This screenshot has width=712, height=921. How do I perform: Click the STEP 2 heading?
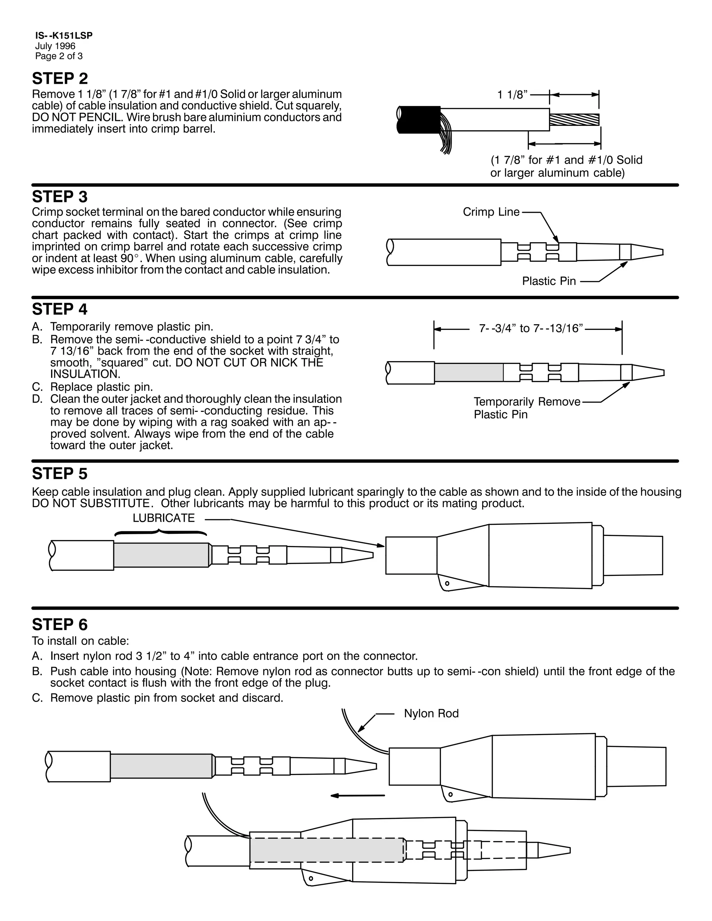[60, 79]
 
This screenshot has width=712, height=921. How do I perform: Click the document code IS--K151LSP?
[64, 35]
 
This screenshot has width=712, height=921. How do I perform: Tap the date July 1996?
[55, 46]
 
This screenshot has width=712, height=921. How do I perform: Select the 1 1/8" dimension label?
[512, 95]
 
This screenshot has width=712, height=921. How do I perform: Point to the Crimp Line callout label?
[491, 212]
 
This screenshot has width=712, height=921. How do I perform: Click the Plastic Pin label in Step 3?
[549, 281]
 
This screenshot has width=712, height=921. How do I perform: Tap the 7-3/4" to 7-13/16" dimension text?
[531, 328]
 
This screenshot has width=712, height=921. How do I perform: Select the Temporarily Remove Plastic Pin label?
[526, 408]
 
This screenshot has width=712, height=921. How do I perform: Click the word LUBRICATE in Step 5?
[164, 518]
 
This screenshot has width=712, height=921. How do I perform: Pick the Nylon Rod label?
[431, 714]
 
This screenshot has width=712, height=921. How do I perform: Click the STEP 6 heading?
[60, 625]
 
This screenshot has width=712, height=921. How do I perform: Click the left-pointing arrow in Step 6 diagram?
[358, 796]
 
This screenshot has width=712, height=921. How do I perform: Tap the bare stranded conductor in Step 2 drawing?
[574, 120]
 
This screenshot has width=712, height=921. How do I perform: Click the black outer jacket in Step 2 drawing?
[419, 120]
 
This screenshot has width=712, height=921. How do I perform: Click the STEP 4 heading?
[60, 310]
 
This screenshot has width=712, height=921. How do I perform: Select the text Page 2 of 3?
[59, 56]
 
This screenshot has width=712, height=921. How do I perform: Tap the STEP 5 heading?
[60, 474]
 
